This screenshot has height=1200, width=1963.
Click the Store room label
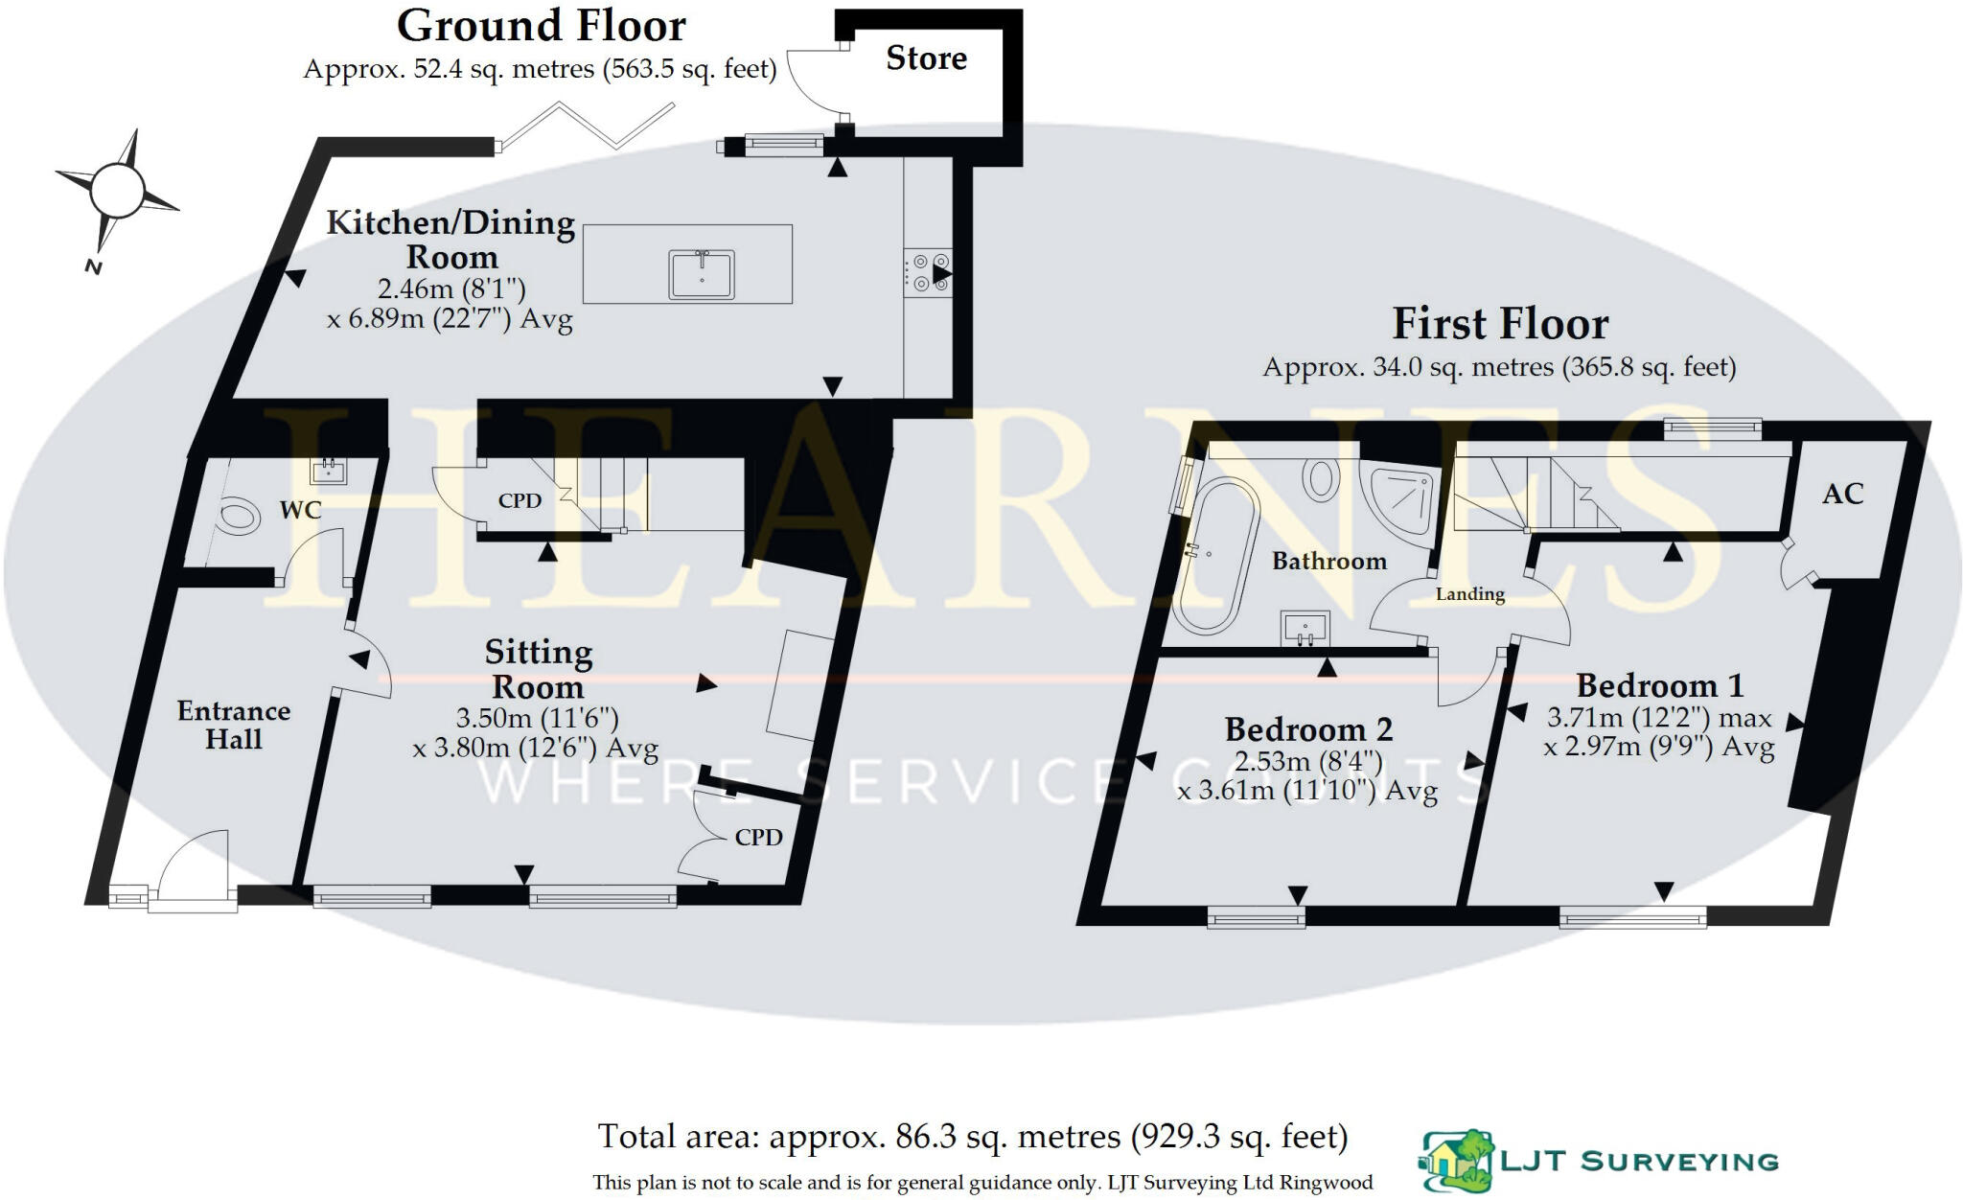[926, 58]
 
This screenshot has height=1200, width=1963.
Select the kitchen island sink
[702, 274]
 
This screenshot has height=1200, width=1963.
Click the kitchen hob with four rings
[927, 271]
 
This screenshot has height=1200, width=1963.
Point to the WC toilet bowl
[238, 518]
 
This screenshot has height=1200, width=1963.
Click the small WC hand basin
[328, 471]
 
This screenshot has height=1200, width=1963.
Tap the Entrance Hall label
[233, 725]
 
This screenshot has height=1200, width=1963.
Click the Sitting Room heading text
[538, 669]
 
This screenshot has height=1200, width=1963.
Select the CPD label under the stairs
[520, 500]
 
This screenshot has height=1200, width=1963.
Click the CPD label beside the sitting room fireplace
[758, 838]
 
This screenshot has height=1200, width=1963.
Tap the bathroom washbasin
[1305, 629]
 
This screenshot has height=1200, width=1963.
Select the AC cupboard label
[1842, 495]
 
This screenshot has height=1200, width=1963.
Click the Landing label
[1469, 594]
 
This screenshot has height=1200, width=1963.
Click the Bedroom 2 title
[1307, 729]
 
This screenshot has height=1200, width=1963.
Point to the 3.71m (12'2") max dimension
[1658, 718]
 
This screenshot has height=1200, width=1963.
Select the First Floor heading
[1499, 324]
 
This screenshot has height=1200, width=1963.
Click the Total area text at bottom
[972, 1137]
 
